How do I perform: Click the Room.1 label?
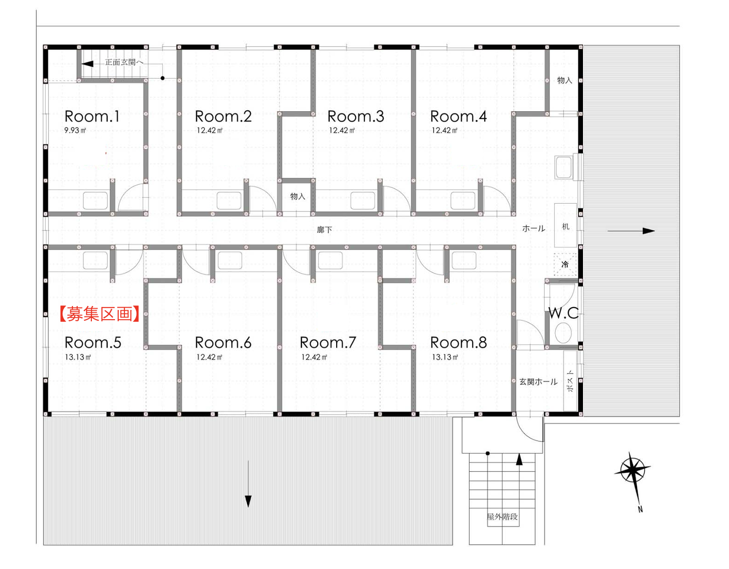coord(91,117)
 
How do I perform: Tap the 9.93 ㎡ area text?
coord(75,130)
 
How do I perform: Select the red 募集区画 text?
coord(99,314)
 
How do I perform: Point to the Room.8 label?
coord(459,342)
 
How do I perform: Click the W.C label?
coord(564,313)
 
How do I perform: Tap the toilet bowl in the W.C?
coord(563,333)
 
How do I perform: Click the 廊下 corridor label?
coord(325,230)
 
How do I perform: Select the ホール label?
coord(534,229)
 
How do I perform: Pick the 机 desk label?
coord(566,226)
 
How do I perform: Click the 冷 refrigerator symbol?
coord(565,264)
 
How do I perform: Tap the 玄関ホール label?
coord(538,382)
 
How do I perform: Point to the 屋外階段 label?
coord(502,517)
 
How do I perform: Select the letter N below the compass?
coord(640,509)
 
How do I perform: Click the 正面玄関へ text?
coord(124,62)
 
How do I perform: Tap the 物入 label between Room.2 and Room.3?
coord(298,196)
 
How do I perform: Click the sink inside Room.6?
coord(230,260)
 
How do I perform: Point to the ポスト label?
coord(570,381)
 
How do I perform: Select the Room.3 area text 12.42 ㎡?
coord(341,130)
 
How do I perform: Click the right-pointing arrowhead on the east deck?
coord(649,230)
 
